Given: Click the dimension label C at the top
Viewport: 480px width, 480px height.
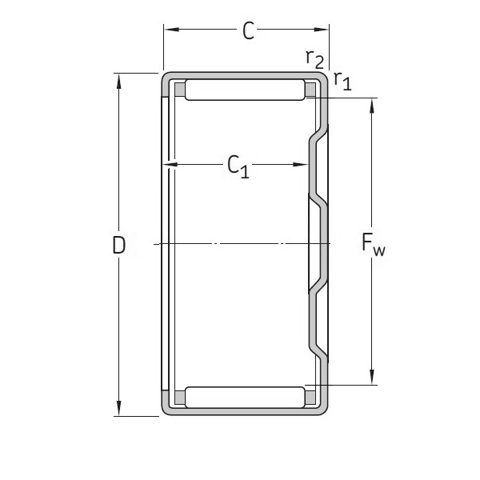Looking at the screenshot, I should point(249,31).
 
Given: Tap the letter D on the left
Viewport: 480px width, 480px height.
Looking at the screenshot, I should point(119,246).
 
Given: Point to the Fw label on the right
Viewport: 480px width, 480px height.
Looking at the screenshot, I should point(374,246).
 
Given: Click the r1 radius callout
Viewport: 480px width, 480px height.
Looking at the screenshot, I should point(342,80).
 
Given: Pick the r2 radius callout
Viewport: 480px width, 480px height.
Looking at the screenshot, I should point(314,58).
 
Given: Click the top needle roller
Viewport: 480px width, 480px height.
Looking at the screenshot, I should point(244,89).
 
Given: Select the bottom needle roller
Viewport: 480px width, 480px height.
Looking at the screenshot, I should point(244,397).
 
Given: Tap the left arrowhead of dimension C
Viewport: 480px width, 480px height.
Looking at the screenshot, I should point(168,31).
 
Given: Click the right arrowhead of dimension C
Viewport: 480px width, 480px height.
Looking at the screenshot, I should point(325,31).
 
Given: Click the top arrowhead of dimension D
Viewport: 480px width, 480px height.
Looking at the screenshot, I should point(119,78).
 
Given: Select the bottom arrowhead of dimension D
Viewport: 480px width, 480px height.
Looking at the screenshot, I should point(119,411).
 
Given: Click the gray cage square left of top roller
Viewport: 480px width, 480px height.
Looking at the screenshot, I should point(179,89).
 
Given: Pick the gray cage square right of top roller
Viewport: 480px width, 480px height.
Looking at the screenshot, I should point(310,89).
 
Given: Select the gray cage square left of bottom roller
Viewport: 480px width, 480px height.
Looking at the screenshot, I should point(179,397).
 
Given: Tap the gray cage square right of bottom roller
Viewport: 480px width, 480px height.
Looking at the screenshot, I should point(310,397).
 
